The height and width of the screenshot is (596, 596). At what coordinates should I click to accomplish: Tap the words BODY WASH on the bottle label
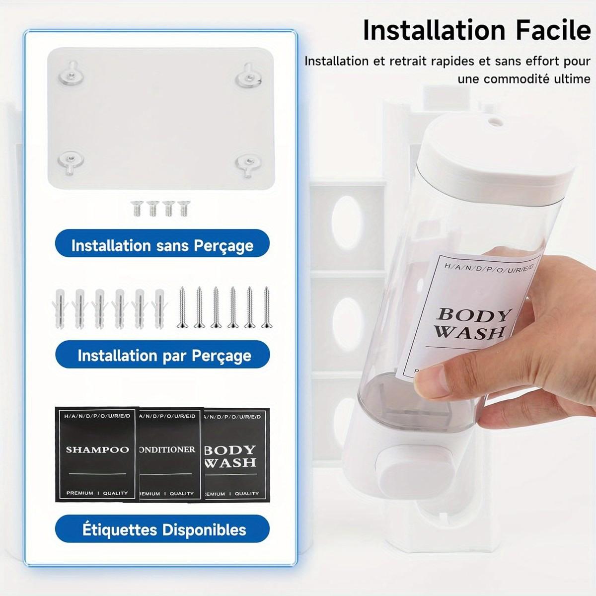click(469, 323)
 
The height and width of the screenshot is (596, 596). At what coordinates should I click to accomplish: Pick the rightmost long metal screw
click(267, 307)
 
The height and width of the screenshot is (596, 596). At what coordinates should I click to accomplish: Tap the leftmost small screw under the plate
click(136, 208)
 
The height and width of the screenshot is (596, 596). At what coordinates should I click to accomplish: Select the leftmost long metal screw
click(182, 307)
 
